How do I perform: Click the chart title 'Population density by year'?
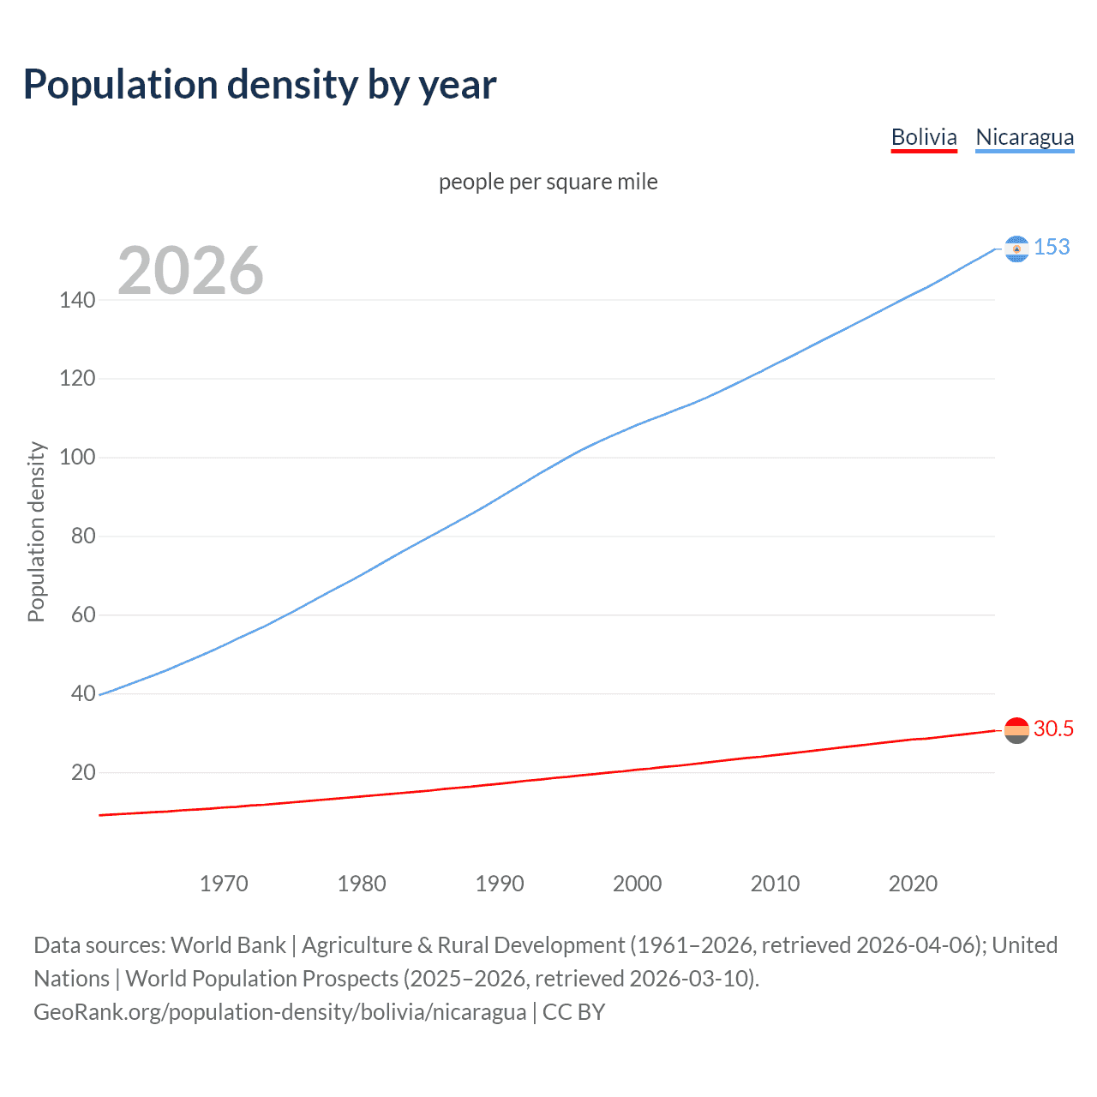[x=260, y=85]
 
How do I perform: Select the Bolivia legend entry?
[x=924, y=137]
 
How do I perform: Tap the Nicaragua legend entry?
[x=1024, y=137]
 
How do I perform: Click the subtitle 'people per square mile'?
[x=548, y=182]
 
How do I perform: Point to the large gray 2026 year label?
[x=190, y=271]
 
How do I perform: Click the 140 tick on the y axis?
[x=77, y=300]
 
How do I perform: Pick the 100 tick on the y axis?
[x=77, y=457]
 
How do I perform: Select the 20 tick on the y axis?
[x=83, y=772]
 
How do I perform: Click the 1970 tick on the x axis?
[x=224, y=884]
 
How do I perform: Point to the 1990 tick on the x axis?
[x=500, y=884]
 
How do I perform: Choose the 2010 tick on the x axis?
[x=775, y=884]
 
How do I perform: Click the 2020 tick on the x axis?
[x=913, y=884]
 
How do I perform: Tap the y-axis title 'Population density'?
[x=36, y=531]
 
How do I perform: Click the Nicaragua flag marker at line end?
[x=1016, y=249]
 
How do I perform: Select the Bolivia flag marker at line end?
[x=1016, y=730]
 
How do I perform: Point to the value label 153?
[x=1052, y=247]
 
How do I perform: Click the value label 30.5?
[x=1053, y=728]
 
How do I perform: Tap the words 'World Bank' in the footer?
[x=228, y=944]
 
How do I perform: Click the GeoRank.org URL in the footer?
[x=279, y=1011]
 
